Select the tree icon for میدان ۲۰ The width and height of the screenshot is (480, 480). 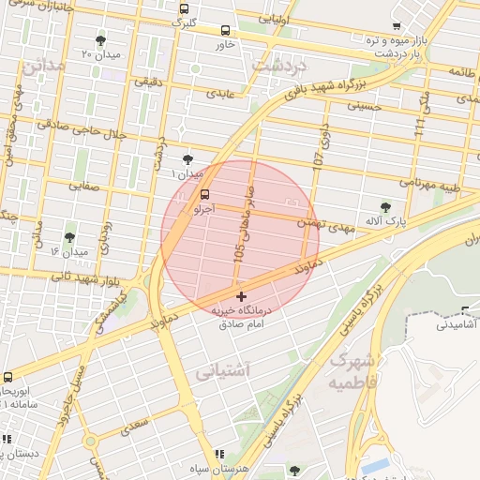pos(100,40)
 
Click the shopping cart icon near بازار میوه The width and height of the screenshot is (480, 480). pos(397,26)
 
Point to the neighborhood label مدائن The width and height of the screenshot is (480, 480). pos(44,67)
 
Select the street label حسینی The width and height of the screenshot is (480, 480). pos(365,107)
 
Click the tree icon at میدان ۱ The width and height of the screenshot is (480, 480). pos(187,160)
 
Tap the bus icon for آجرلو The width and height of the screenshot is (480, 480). pos(204,194)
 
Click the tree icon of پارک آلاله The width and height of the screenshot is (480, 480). pos(385,207)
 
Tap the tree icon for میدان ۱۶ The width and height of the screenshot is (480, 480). pos(69,238)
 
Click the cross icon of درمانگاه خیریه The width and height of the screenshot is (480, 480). pos(242,296)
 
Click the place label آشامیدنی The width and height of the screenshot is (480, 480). pos(457,324)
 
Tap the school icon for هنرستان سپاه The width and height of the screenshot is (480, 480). pos(219,454)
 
